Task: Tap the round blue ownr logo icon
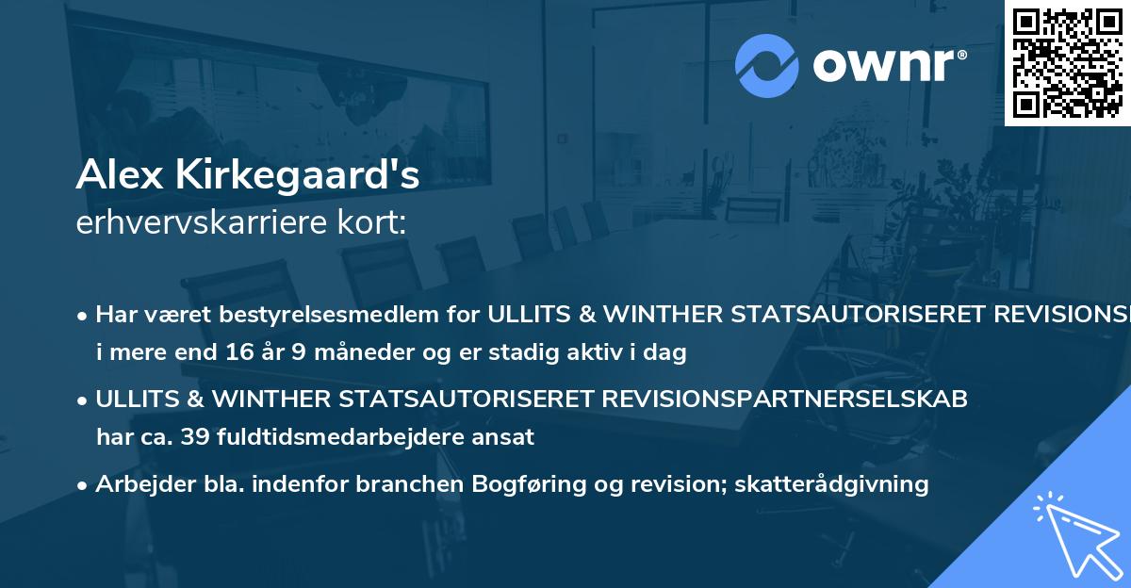pyautogui.click(x=766, y=66)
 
